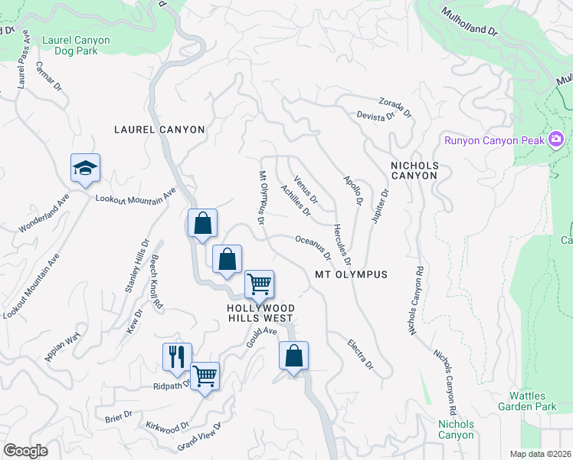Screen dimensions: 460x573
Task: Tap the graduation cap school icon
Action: pos(85,169)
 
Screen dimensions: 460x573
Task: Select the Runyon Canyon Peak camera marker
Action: pos(556,140)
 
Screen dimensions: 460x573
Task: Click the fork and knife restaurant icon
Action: pos(176,356)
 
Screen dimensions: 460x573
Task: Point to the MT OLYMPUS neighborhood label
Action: pos(351,274)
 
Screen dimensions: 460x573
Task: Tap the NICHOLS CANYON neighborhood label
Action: pos(414,170)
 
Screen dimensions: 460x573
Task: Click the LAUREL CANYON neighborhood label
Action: pos(159,130)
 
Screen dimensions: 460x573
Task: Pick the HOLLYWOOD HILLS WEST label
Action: pos(260,312)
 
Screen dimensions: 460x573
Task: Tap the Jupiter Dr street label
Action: pos(381,205)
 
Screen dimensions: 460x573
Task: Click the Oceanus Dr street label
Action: pos(313,247)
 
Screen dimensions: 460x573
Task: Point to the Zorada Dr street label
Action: pos(395,107)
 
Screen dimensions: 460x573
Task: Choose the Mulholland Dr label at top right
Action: pos(470,22)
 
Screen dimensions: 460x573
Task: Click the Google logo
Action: pos(26,451)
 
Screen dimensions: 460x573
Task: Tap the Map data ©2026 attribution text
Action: pos(540,454)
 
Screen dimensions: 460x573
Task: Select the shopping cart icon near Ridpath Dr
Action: pos(205,376)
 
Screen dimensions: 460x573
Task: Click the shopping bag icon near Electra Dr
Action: pos(293,356)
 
